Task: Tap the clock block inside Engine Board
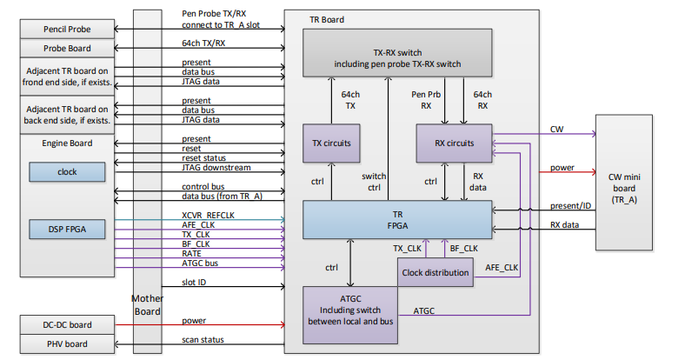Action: (67, 172)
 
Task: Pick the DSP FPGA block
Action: (67, 229)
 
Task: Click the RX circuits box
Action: (455, 143)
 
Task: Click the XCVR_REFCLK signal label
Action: (209, 214)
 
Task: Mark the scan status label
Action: (203, 340)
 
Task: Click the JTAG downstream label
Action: (217, 166)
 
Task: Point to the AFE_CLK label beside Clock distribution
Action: (501, 266)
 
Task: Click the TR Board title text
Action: (326, 19)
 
